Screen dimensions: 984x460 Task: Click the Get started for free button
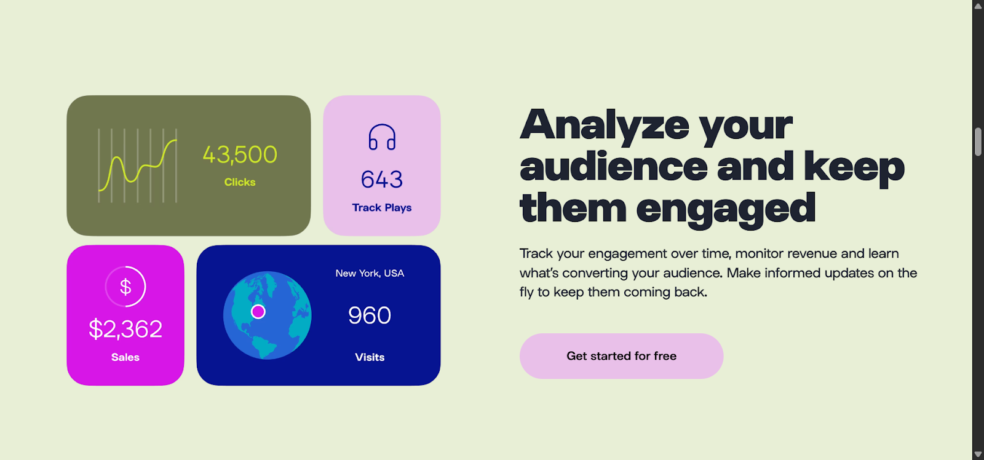click(x=621, y=356)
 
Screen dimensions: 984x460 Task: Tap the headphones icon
click(x=382, y=137)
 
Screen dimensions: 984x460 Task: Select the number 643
click(x=382, y=179)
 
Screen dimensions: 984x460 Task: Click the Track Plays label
click(x=382, y=207)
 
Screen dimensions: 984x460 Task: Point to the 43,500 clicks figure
click(x=240, y=154)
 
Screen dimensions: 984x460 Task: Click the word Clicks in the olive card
click(x=240, y=182)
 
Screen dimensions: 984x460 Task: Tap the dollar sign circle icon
click(x=125, y=287)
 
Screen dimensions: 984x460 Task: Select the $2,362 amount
click(x=125, y=328)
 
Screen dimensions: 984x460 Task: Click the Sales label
click(x=125, y=357)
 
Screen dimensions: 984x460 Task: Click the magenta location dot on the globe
click(x=258, y=312)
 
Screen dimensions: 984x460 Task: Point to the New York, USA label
click(x=370, y=273)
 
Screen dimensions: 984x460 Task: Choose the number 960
click(x=370, y=315)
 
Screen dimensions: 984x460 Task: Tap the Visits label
click(x=370, y=357)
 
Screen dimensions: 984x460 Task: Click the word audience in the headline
click(x=614, y=166)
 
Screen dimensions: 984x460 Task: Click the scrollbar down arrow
click(x=978, y=454)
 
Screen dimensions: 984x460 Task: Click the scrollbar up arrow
click(x=978, y=6)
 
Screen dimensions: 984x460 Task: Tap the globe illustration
click(x=267, y=315)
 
